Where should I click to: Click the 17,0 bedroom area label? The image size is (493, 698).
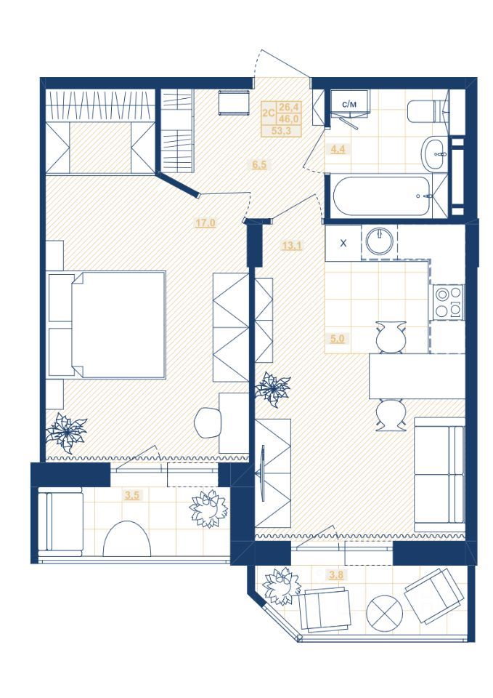point(205,222)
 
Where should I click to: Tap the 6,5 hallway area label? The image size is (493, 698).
point(259,165)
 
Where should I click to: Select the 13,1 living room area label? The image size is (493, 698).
point(292,245)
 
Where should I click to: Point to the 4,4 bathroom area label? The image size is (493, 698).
point(338,149)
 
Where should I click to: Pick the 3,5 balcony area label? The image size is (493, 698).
point(132,495)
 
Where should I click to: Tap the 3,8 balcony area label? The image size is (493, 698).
point(336,574)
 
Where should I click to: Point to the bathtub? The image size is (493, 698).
point(382,196)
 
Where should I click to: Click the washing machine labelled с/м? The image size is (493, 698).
point(349,103)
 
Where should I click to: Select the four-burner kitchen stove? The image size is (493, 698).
point(448,302)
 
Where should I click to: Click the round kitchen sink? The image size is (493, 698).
point(379,241)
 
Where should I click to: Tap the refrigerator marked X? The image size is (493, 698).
point(343,243)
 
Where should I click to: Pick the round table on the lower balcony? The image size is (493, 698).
point(385,611)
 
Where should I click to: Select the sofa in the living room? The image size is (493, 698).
point(439,475)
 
